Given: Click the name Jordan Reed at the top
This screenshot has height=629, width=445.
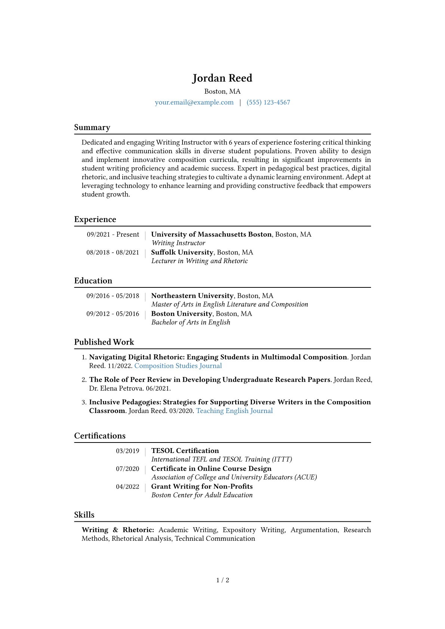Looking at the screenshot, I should coord(222,78).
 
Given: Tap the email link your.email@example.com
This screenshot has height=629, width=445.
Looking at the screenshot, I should coord(194,102).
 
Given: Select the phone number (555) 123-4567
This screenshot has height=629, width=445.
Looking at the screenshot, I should coord(268,102).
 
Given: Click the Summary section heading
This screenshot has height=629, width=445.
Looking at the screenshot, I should coord(92,127).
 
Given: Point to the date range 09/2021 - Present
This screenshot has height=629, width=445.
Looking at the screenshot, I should coord(113,234).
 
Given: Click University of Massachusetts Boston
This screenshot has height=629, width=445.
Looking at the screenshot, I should coord(211,234).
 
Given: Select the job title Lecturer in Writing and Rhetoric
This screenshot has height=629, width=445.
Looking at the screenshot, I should coord(199,261).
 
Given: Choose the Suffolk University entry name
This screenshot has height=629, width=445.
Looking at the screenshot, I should coord(182,252).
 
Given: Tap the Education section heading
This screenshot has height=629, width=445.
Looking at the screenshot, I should coord(93,281).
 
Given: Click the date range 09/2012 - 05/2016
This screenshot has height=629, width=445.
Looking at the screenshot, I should coord(113,314).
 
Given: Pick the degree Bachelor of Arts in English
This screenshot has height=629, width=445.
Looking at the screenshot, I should coord(191,322).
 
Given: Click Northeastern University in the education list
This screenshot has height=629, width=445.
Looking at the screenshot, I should coord(192,296).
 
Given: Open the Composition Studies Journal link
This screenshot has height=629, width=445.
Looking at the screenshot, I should coord(178,366).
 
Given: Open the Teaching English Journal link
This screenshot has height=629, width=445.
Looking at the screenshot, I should coord(234,411).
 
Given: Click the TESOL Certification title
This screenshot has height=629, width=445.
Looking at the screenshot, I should coord(185,451).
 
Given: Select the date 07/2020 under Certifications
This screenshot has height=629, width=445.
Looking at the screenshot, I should coord(128,469).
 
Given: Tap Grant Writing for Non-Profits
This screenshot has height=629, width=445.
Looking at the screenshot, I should coord(202,487).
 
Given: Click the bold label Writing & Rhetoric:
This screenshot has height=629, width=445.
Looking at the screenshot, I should coord(118,530).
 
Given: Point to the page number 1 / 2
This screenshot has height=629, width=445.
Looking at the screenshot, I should coord(222,580).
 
